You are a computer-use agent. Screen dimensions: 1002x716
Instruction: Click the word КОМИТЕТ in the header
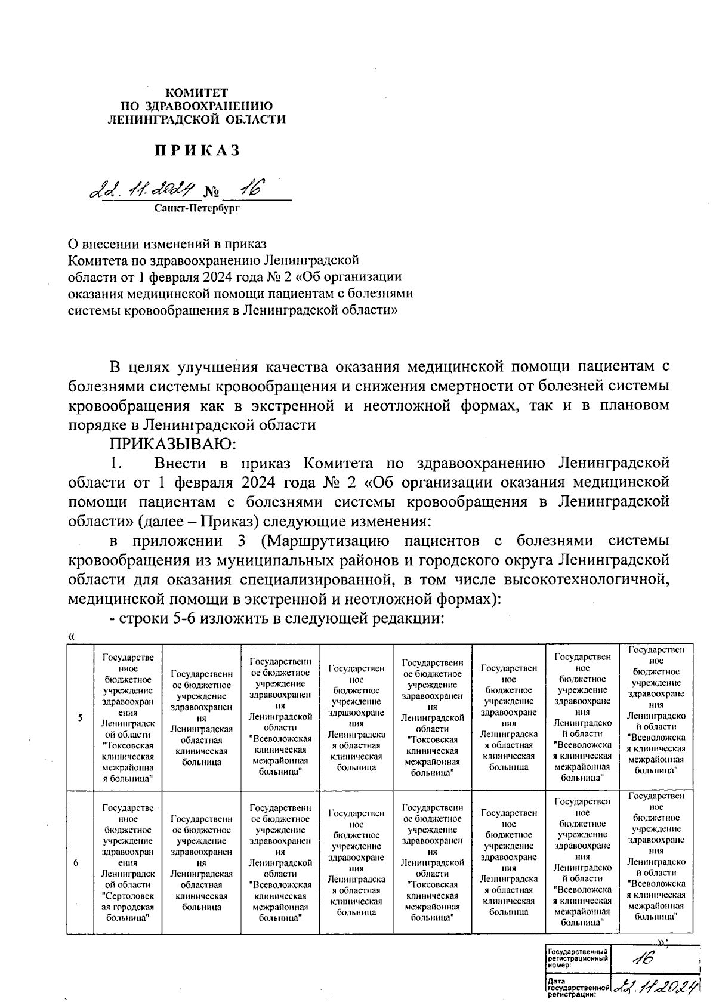196,93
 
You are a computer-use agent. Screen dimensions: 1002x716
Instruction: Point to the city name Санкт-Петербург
196,208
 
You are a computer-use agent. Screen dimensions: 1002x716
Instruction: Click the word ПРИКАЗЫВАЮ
172,444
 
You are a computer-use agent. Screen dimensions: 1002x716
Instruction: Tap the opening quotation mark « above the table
72,637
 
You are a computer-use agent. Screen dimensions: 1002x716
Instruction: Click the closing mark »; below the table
662,941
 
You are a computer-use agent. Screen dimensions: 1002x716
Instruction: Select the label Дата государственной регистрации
576,987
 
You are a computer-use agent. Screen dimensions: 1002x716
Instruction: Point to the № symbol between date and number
211,192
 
